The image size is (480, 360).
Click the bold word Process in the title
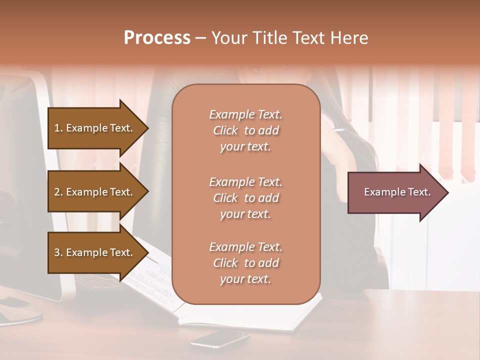(157, 38)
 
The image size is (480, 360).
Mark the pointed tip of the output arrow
(447, 192)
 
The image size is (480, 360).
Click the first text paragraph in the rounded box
(245, 130)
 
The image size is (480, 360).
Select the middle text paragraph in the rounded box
(245, 198)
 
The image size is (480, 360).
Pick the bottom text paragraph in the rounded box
(245, 263)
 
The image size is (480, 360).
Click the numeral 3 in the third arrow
(57, 252)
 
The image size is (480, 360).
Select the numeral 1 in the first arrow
(57, 128)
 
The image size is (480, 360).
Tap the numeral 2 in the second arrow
(57, 192)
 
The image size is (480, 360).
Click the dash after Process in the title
(201, 38)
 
